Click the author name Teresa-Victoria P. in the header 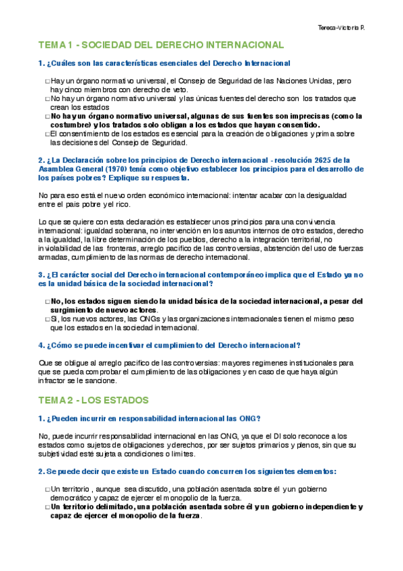345,28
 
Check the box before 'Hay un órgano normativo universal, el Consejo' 47,81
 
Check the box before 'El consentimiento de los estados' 47,134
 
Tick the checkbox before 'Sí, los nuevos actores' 47,319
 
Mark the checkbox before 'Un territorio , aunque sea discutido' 47,489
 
